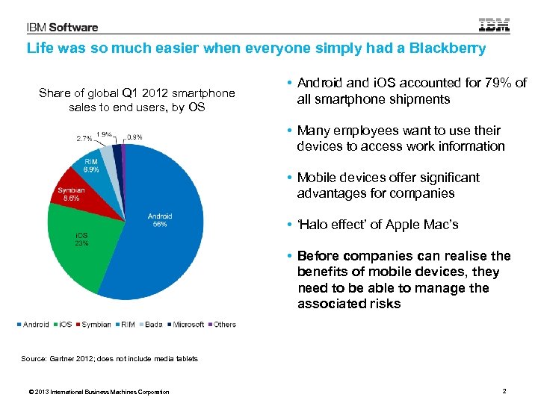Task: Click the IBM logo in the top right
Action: pyautogui.click(x=494, y=25)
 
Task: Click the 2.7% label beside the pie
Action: pyautogui.click(x=84, y=139)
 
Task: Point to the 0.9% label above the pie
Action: pyautogui.click(x=135, y=137)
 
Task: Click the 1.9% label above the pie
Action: pyautogui.click(x=105, y=134)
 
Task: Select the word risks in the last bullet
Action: pyautogui.click(x=386, y=304)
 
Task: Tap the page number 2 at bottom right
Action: pyautogui.click(x=505, y=391)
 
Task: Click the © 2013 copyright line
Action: pyautogui.click(x=95, y=392)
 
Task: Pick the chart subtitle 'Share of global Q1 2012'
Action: pyautogui.click(x=137, y=93)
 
